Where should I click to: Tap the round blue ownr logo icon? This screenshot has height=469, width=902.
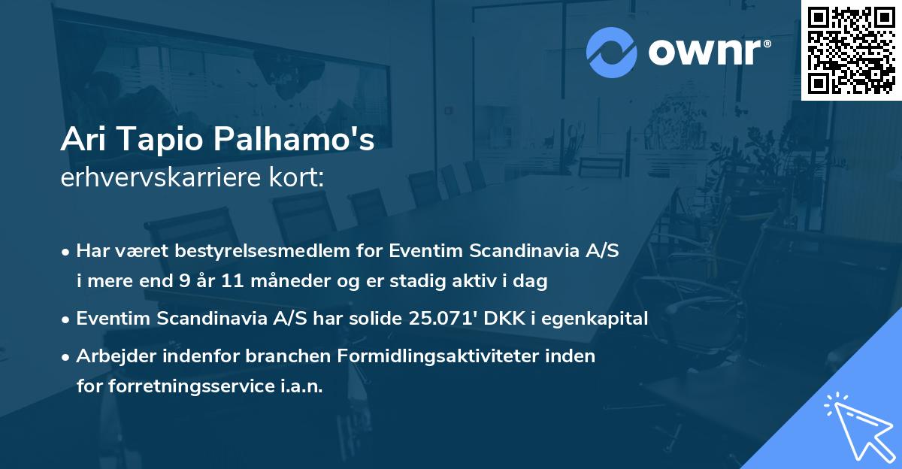[x=612, y=52]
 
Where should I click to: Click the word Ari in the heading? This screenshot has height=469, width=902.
[x=82, y=139]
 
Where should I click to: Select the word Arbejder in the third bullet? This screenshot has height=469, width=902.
[x=110, y=356]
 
